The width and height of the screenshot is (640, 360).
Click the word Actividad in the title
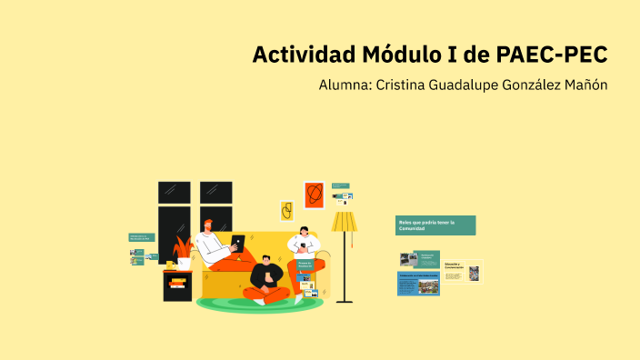(302, 55)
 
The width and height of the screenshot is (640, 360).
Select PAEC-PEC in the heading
(552, 55)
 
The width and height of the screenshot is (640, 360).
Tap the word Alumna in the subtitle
(345, 85)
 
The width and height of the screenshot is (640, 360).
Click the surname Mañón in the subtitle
(584, 85)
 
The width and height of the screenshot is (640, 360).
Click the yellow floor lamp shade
(344, 222)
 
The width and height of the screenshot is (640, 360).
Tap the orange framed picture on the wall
(314, 194)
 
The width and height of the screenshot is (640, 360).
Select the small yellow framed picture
(286, 211)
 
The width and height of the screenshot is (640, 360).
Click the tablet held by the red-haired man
(237, 243)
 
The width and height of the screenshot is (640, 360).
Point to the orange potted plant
(183, 250)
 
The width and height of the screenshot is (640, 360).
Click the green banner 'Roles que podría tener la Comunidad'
(435, 225)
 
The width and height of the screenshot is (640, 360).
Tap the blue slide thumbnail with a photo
(417, 284)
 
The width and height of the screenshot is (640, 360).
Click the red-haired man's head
(208, 225)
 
